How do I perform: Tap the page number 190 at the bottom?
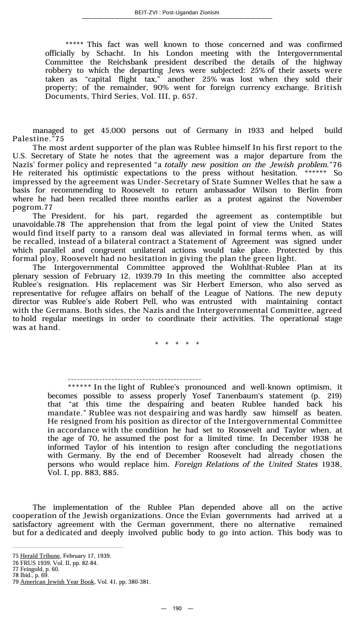pos(177,608)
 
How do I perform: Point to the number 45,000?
pos(114,131)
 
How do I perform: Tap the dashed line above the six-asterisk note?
pos(134,380)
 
